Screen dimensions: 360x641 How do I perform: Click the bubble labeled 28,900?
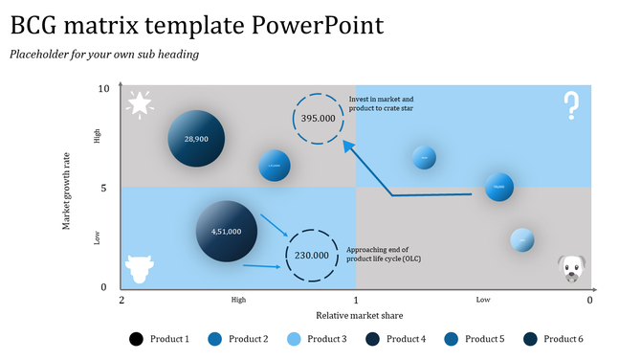[x=196, y=140]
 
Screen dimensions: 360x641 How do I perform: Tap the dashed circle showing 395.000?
[x=318, y=119]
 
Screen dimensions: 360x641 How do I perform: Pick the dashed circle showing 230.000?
[x=311, y=256]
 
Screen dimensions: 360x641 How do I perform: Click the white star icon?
[x=141, y=103]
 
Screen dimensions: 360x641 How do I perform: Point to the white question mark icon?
[x=571, y=105]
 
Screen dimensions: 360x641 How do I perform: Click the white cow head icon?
[x=139, y=268]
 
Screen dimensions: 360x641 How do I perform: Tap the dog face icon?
[x=571, y=268]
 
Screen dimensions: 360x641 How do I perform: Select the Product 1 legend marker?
[x=137, y=339]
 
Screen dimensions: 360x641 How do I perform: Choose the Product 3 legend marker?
[x=295, y=339]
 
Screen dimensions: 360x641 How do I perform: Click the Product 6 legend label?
[x=563, y=339]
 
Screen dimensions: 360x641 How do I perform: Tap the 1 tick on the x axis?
[x=356, y=300]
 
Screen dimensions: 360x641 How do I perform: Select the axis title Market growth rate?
[x=67, y=189]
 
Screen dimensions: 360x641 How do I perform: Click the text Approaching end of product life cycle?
[x=384, y=254]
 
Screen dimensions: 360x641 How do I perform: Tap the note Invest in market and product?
[x=381, y=104]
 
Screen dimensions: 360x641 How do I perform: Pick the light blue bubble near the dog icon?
[x=521, y=239]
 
